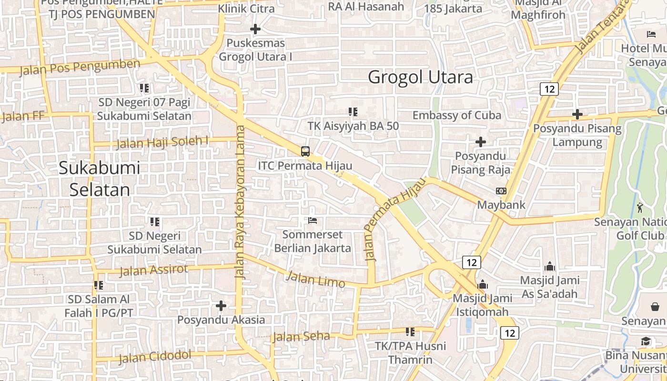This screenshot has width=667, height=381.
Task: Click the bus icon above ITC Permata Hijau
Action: click(x=305, y=151)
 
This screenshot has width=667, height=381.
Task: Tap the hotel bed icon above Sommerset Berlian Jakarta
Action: click(x=313, y=221)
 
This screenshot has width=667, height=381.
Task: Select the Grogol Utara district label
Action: click(x=421, y=77)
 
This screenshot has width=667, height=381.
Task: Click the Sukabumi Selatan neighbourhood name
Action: click(x=99, y=179)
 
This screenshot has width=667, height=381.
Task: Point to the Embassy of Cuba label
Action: click(x=456, y=115)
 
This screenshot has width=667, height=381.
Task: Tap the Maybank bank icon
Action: click(x=501, y=191)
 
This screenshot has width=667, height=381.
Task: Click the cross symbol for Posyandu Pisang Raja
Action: click(x=481, y=142)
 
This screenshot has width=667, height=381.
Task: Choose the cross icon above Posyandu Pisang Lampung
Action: click(x=577, y=114)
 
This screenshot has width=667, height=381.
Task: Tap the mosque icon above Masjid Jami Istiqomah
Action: click(x=483, y=284)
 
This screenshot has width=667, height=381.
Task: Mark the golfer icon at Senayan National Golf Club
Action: click(x=639, y=208)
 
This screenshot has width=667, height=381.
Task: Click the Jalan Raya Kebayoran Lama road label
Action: click(x=240, y=202)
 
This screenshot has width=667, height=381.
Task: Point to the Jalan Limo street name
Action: click(x=316, y=279)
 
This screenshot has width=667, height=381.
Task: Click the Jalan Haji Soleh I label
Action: click(x=162, y=141)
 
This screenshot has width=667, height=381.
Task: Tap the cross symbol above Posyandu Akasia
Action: click(x=221, y=305)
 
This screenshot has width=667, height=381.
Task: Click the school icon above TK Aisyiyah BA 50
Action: click(x=353, y=112)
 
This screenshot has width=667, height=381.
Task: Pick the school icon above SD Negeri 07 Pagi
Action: click(x=144, y=88)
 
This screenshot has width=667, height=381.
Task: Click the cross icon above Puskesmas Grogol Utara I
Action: click(x=255, y=29)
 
